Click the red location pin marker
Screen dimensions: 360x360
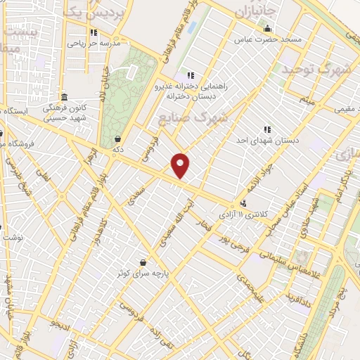coord(181,166)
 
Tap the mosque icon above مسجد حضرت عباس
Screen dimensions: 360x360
coord(267,29)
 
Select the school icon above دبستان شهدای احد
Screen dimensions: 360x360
coord(267,129)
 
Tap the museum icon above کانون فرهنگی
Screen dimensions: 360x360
coord(64,97)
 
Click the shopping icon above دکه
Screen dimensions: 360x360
coord(117,139)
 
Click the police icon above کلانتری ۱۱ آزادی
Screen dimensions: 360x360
coord(243,204)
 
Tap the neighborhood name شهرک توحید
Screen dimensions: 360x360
coord(317,70)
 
